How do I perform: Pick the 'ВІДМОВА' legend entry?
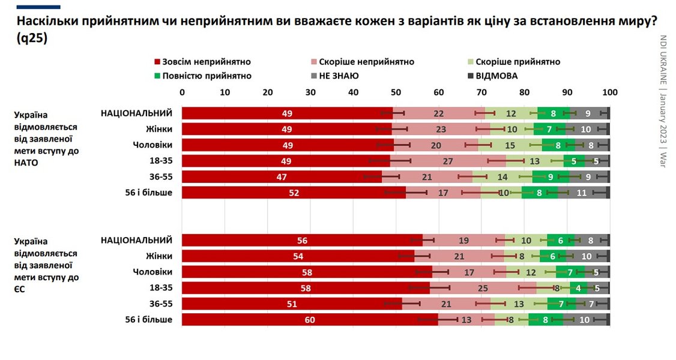496,76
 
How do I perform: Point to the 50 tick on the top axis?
396,92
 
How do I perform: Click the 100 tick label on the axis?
609,92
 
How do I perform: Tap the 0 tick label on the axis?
183,92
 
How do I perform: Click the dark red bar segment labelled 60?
310,320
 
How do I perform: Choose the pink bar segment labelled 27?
448,161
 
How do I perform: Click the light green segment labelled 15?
510,145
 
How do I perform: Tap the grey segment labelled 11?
581,193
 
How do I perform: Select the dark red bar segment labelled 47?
282,177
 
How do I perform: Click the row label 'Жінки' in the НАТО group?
159,128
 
